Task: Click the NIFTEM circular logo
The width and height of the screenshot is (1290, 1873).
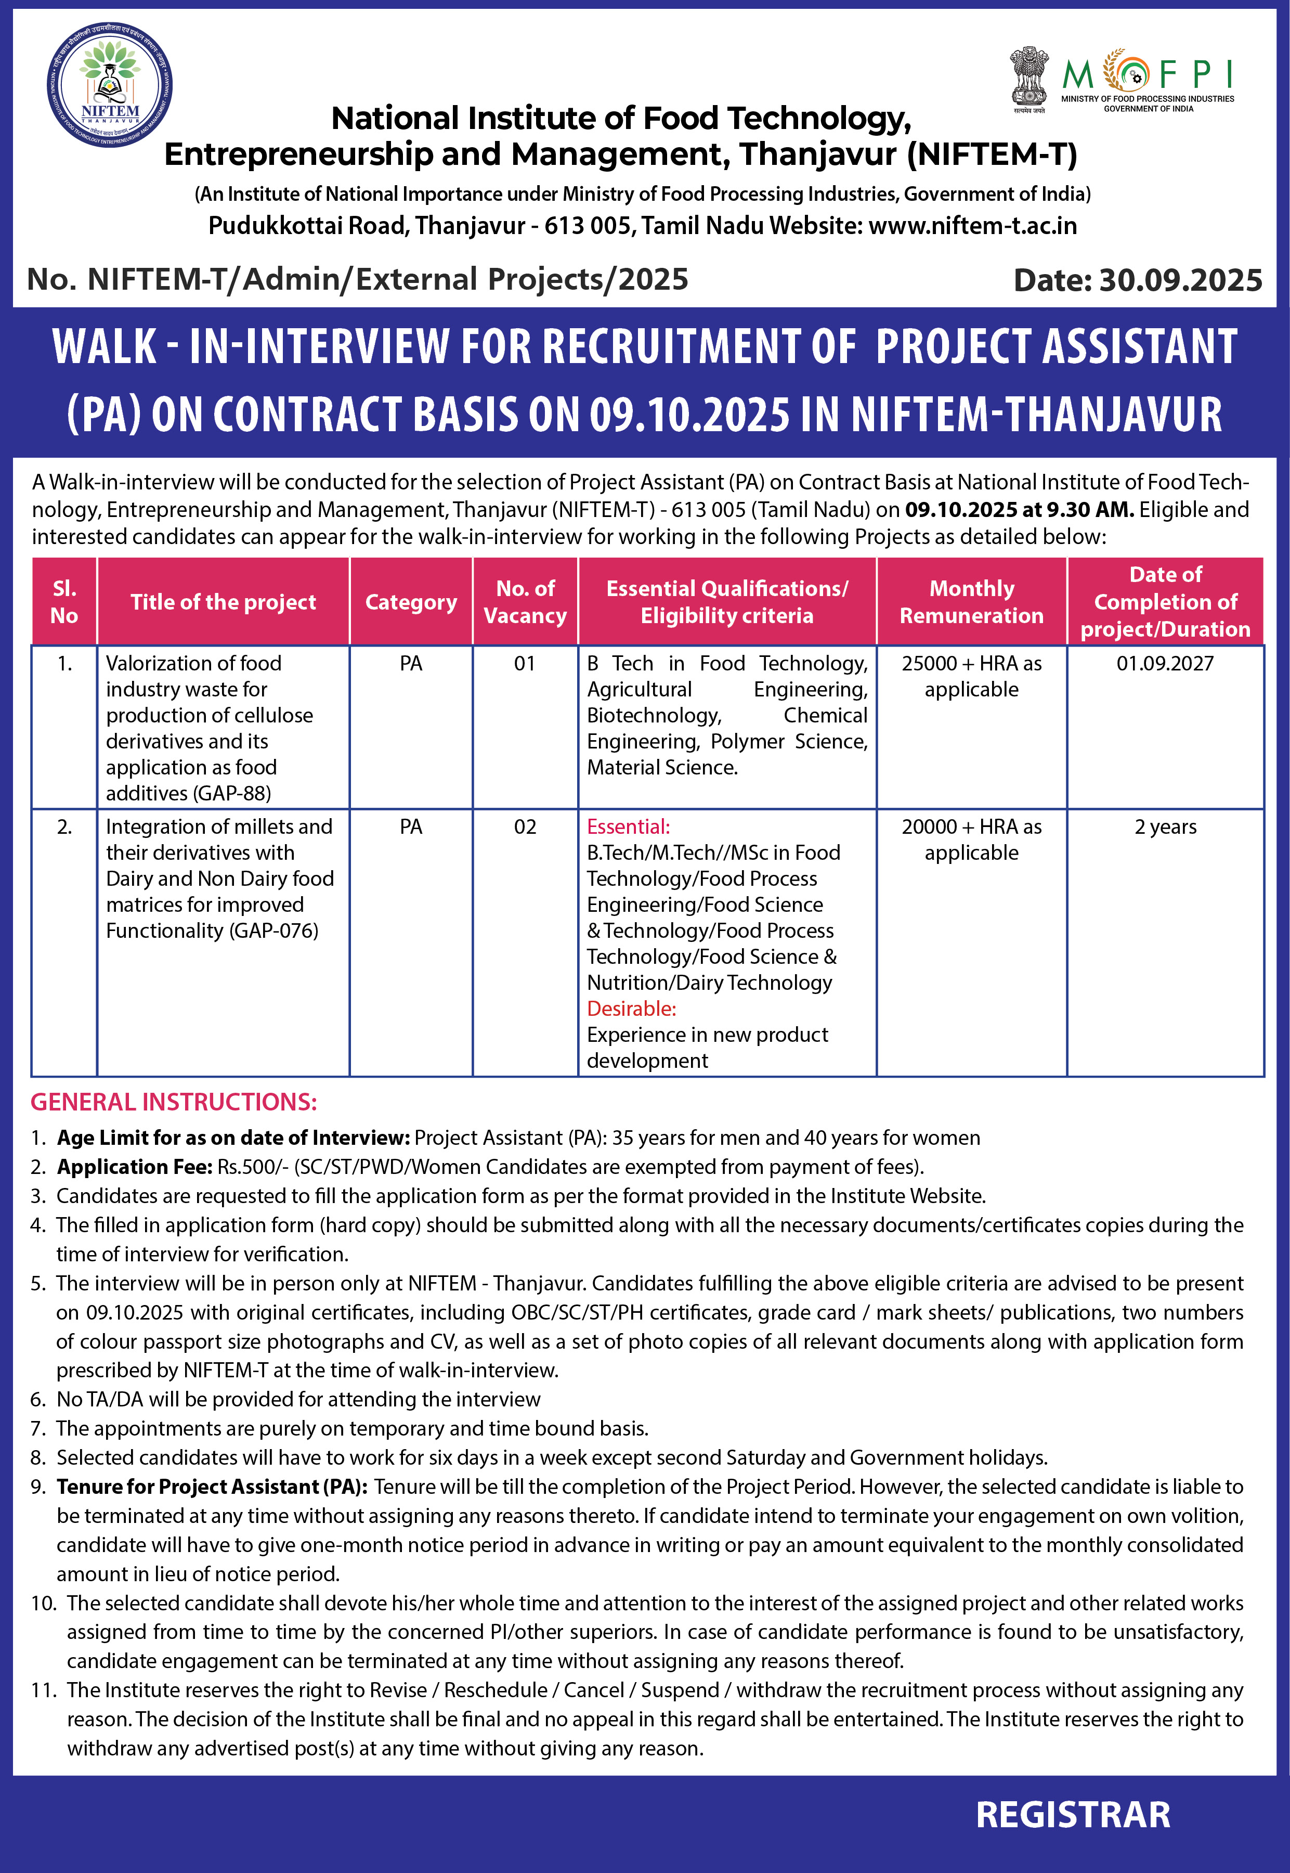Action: [x=109, y=85]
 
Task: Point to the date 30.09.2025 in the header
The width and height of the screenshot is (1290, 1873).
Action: [x=1180, y=280]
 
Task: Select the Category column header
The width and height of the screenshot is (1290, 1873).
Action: [x=411, y=602]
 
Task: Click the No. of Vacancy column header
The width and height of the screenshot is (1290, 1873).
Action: [x=525, y=602]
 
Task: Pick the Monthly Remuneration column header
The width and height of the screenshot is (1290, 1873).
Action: [x=972, y=602]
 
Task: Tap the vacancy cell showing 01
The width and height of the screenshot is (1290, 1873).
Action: [x=525, y=664]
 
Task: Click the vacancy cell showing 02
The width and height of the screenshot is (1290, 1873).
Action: [x=525, y=827]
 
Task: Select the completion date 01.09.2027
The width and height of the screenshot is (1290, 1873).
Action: [x=1165, y=664]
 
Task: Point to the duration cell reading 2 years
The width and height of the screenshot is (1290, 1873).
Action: [x=1165, y=827]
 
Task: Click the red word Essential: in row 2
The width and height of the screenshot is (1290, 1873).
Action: [x=628, y=827]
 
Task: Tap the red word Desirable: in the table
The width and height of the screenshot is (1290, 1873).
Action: [x=631, y=1009]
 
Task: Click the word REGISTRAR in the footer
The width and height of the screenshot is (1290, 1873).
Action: [x=1073, y=1815]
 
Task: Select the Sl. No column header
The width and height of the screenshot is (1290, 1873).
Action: [x=64, y=602]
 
